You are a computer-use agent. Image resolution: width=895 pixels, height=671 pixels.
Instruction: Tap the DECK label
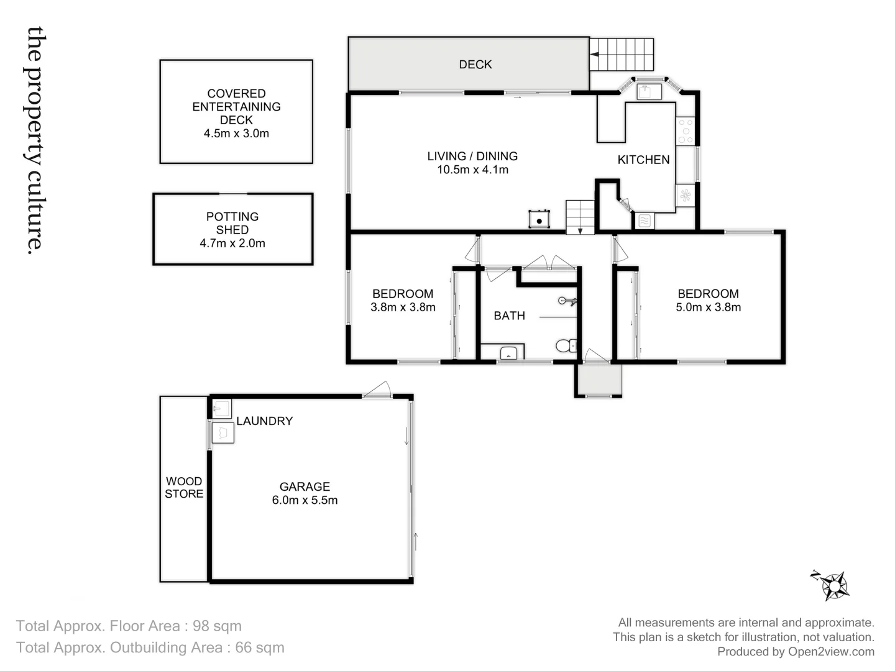[x=475, y=65]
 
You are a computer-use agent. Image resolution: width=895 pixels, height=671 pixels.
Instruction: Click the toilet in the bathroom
[x=565, y=345]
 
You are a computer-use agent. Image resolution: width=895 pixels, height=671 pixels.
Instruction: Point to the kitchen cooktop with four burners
[x=685, y=132]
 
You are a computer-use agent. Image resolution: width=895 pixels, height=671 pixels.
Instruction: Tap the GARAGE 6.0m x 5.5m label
[x=305, y=494]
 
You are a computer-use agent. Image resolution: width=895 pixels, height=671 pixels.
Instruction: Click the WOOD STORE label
[x=184, y=488]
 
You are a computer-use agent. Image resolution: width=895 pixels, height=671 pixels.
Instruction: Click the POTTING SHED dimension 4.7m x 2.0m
[x=232, y=244]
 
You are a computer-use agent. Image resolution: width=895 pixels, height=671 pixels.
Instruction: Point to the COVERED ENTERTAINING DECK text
[x=236, y=107]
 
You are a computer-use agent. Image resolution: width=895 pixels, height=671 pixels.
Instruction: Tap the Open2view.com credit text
[x=831, y=652]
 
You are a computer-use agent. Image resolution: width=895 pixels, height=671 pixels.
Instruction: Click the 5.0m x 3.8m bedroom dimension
[x=708, y=307]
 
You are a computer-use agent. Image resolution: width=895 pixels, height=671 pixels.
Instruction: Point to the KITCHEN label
[x=643, y=160]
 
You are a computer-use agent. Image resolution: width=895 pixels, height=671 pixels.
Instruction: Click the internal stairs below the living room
[x=580, y=217]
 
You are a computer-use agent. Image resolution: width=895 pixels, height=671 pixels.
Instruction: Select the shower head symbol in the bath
[x=567, y=301]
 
